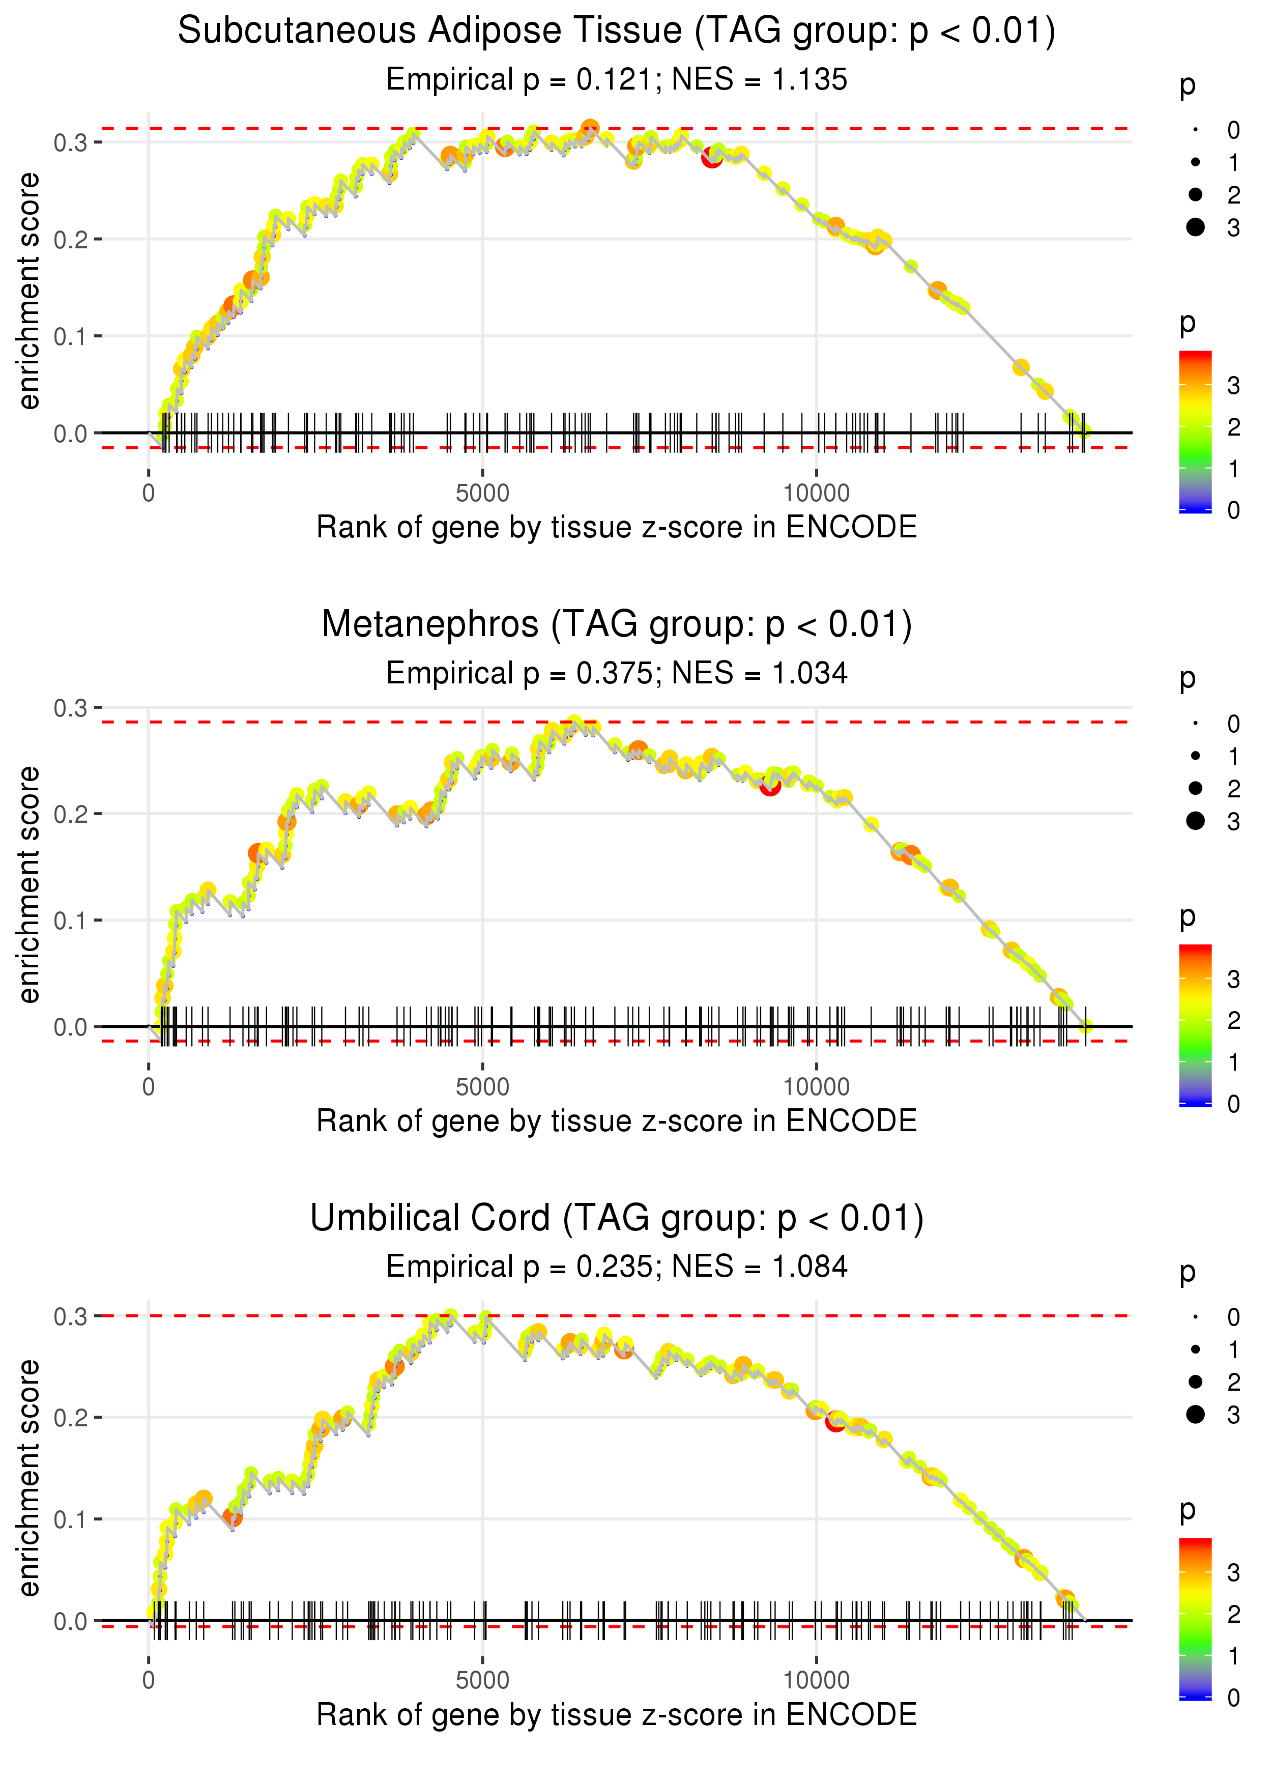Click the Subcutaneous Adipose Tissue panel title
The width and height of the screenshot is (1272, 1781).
(617, 32)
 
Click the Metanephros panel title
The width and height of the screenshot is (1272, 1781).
(617, 625)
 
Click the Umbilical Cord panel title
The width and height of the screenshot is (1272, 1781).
(617, 1219)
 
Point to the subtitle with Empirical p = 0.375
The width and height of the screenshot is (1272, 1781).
(617, 674)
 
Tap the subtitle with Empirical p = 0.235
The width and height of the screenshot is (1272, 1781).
(617, 1267)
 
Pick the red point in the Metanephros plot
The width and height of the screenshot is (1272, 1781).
(770, 786)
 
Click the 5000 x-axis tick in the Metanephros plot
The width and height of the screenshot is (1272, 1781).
(482, 1087)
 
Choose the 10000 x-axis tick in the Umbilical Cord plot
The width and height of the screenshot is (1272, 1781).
(816, 1681)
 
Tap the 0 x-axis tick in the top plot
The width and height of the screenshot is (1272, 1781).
(149, 494)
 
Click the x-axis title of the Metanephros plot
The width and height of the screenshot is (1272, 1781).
(617, 1121)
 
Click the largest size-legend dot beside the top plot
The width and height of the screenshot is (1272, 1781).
(1195, 227)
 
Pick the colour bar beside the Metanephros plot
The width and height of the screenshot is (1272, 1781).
(1195, 1024)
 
